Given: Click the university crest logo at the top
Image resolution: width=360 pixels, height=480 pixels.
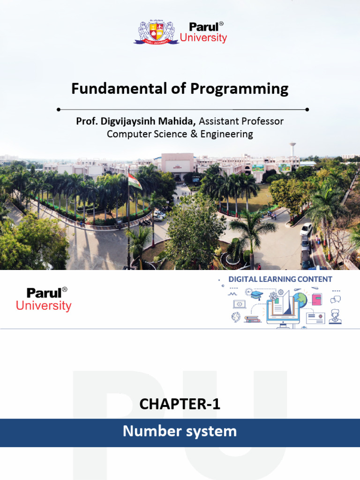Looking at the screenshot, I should pos(156,32).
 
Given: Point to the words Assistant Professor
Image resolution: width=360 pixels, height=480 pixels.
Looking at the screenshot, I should pos(241,121).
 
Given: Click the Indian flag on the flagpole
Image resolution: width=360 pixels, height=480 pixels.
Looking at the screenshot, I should pos(135,181).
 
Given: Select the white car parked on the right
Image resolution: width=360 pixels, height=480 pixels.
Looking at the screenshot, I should pos(306,229).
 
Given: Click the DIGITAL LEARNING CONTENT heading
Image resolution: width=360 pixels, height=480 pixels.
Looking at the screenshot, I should pos(280,279).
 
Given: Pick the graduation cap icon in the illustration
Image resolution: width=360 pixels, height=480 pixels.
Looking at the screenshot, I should pos(256,295).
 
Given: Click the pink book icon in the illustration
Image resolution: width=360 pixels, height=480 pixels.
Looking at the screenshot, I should pos(317,299).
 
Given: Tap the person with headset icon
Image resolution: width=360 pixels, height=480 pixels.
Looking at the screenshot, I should pos(335,316).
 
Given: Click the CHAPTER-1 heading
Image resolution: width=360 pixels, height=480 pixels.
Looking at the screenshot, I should pos(180,404).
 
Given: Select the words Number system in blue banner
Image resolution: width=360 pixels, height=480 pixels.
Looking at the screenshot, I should pos(180,431).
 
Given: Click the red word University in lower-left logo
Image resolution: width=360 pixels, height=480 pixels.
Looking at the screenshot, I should pos(44,306).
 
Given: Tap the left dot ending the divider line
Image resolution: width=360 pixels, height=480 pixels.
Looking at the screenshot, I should pos(59,109).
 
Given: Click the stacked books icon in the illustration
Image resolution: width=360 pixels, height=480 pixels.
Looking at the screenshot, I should pos(252,319).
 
